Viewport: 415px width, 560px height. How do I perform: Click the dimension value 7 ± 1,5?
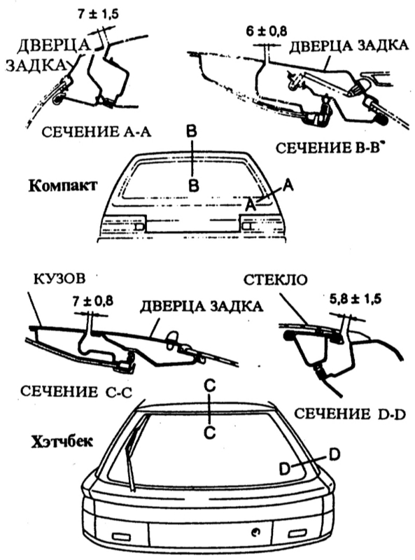tap(97, 14)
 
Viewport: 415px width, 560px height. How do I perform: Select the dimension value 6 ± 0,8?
tap(266, 31)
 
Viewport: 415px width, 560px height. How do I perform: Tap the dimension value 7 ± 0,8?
tap(92, 301)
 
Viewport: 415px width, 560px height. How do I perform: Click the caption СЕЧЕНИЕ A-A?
tap(97, 132)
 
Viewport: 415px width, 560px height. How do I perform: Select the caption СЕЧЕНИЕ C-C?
tap(76, 391)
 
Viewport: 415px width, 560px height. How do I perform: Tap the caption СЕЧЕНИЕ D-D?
tap(350, 414)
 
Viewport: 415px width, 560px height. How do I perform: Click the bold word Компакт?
tap(62, 186)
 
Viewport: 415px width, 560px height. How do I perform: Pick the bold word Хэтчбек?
tap(62, 442)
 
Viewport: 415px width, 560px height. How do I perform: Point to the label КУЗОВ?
tap(59, 279)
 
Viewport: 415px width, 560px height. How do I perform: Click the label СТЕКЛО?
tap(275, 279)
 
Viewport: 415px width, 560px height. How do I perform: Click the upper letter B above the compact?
tap(191, 132)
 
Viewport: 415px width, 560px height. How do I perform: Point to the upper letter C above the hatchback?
tap(210, 386)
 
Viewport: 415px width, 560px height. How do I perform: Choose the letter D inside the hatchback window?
tap(285, 469)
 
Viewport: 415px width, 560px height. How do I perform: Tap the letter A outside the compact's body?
tap(288, 185)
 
